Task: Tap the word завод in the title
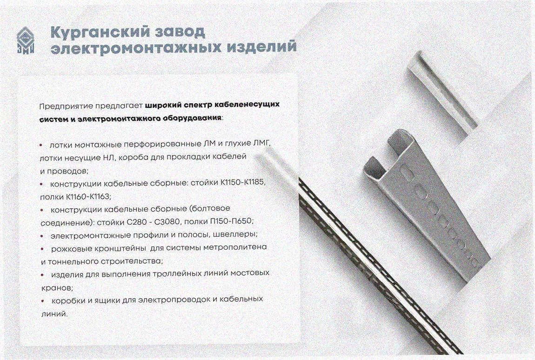(x=180, y=32)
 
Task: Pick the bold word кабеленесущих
(x=247, y=104)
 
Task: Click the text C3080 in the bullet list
(x=167, y=222)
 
